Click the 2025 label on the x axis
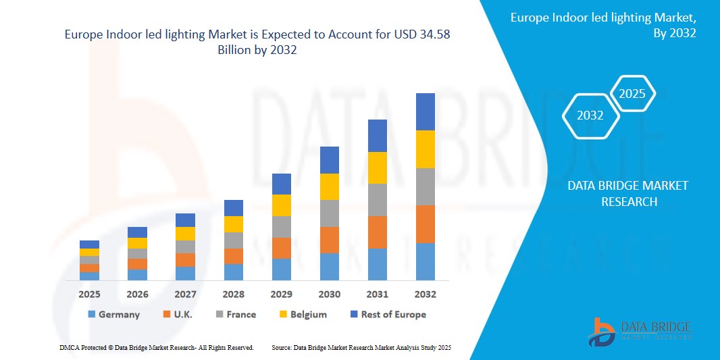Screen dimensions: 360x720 click(89, 294)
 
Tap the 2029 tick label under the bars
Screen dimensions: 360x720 click(281, 294)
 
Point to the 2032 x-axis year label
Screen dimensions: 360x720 click(426, 294)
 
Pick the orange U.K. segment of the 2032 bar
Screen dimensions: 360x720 click(426, 224)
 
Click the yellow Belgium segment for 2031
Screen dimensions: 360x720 click(378, 168)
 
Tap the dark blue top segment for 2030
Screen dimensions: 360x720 click(329, 160)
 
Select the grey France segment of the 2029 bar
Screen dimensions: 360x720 click(281, 227)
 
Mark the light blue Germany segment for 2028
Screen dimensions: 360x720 click(233, 272)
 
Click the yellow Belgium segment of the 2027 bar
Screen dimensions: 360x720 click(185, 234)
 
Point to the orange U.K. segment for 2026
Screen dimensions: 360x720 click(137, 264)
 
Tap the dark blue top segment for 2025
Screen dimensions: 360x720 click(89, 245)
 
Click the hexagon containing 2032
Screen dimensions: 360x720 click(591, 115)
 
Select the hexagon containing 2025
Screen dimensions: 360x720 click(632, 94)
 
